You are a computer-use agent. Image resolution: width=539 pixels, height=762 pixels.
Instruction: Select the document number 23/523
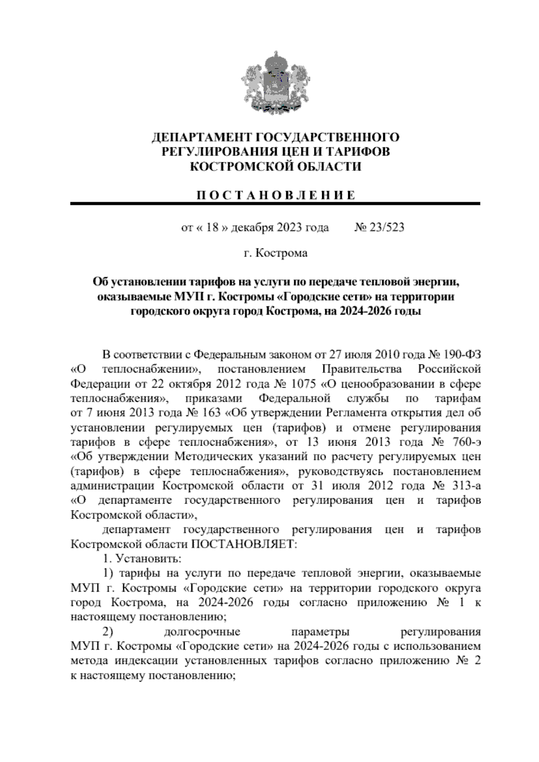(386, 227)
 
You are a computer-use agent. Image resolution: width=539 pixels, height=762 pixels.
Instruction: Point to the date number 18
(212, 227)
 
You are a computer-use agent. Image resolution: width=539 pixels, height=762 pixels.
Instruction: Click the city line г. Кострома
(275, 253)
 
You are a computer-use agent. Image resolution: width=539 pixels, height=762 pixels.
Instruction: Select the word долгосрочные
(202, 632)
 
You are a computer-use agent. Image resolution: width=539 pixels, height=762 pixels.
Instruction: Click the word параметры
(321, 632)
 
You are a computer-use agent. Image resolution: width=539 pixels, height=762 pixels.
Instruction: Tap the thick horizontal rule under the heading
(275, 204)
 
